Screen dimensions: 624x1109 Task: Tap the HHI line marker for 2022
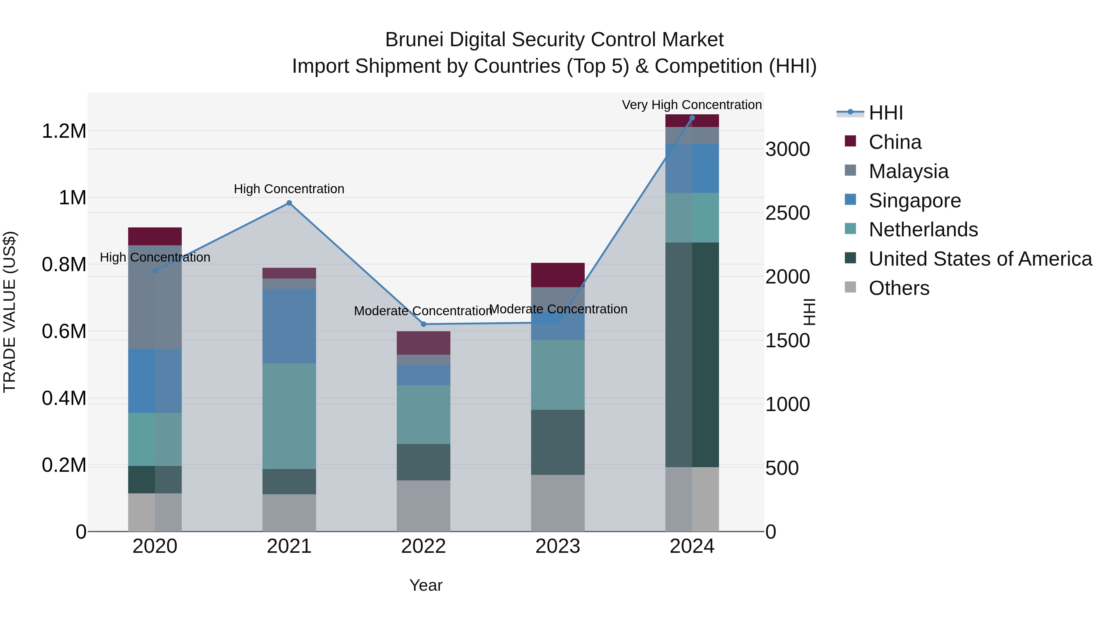pos(423,324)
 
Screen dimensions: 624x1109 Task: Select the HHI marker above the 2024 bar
pos(692,118)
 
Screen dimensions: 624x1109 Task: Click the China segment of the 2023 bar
pos(558,275)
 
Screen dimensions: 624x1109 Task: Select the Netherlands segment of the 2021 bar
pos(289,416)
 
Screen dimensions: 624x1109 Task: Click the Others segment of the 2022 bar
pos(423,506)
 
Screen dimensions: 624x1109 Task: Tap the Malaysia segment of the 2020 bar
pos(155,297)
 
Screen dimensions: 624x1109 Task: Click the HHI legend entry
pos(886,113)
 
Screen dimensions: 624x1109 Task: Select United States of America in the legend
pos(980,259)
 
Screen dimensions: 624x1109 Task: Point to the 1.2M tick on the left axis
pos(64,131)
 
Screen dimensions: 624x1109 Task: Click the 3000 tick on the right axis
pos(787,149)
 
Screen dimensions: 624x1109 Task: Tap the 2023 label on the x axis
pos(558,546)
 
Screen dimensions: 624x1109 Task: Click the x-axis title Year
pos(426,585)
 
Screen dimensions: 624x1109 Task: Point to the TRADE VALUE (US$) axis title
pos(10,312)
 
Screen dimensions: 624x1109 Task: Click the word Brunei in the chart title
pos(414,40)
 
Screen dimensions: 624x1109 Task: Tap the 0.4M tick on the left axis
pos(64,398)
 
